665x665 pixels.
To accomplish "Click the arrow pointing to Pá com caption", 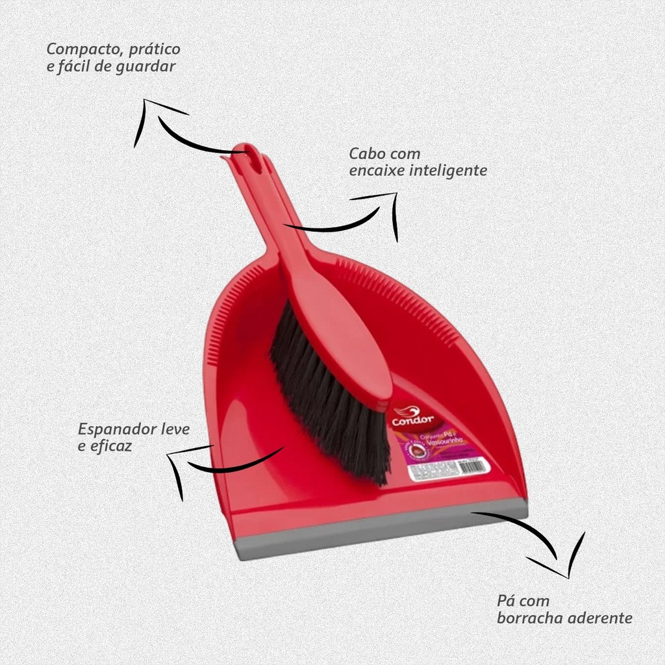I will (539, 539).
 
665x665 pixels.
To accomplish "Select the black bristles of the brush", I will (331, 396).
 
